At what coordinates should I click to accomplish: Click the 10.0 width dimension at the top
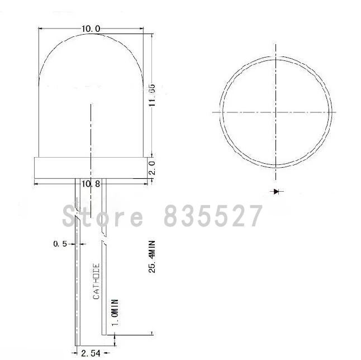[x=91, y=29]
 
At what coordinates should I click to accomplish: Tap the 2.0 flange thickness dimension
[x=151, y=167]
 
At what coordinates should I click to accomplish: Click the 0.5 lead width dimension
[x=60, y=244]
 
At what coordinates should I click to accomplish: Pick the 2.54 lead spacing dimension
[x=91, y=352]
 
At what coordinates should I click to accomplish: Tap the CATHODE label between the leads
[x=96, y=281]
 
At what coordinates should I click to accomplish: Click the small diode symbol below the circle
[x=276, y=191]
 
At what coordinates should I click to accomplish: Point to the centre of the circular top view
[x=275, y=112]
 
